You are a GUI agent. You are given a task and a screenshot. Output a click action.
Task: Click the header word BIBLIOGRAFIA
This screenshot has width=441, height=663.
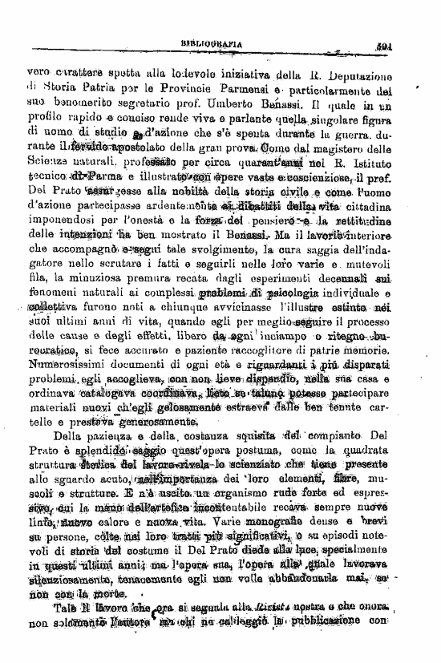[x=213, y=45]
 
